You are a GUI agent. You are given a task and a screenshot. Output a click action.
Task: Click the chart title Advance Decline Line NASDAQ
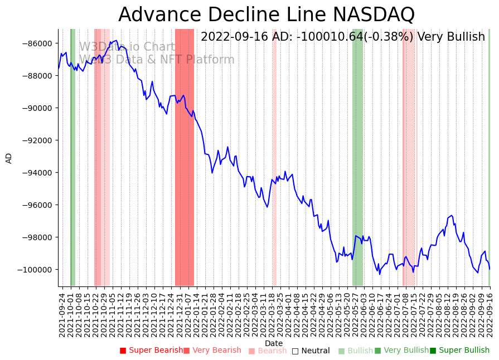tap(267, 14)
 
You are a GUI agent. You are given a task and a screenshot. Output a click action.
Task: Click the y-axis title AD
tap(9, 158)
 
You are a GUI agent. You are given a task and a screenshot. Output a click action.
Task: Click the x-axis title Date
tap(274, 343)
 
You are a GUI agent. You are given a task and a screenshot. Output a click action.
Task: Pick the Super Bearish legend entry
tap(151, 351)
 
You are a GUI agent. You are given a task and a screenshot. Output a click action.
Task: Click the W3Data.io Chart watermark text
tap(127, 47)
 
